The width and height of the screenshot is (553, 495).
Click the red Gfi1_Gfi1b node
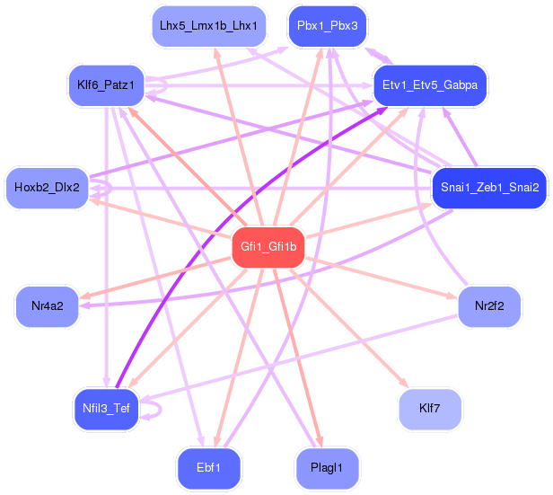(x=268, y=245)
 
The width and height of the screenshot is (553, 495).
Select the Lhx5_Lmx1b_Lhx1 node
(x=208, y=26)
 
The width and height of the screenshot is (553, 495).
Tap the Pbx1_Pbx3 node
(x=327, y=26)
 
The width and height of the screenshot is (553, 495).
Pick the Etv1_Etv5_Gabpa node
(x=429, y=85)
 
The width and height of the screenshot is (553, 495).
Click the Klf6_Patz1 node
(x=106, y=85)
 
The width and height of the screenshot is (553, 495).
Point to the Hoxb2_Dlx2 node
(x=47, y=188)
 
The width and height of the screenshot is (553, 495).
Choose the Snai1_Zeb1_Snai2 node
(x=489, y=188)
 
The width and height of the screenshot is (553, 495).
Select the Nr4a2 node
(x=47, y=306)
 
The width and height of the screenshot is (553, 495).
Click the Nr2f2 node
(x=489, y=306)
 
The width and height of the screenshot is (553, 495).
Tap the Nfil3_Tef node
(x=106, y=409)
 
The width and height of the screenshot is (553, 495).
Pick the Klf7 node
(x=429, y=409)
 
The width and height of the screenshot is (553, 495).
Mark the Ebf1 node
(x=208, y=468)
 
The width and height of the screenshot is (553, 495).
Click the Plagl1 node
(x=327, y=468)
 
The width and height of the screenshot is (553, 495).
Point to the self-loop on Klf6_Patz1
(x=162, y=86)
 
